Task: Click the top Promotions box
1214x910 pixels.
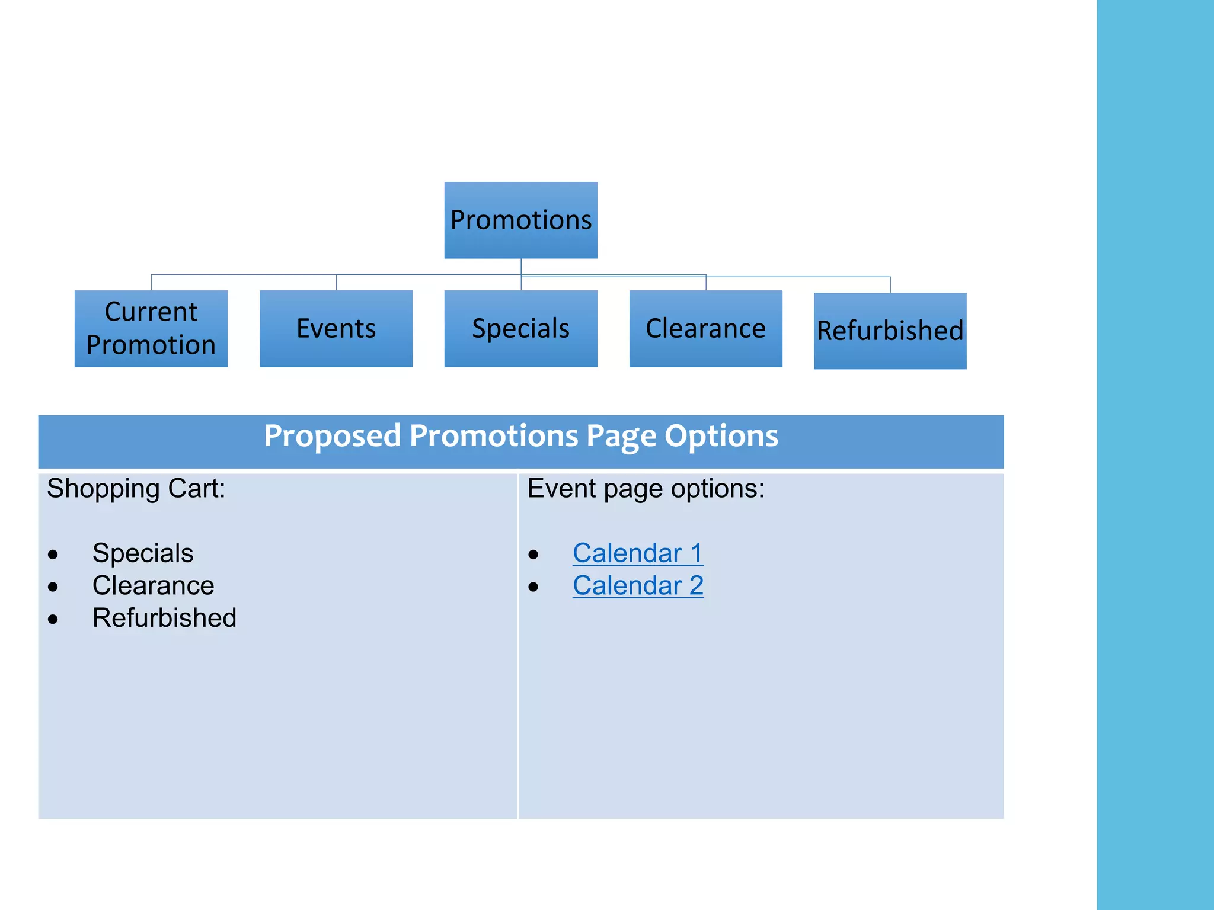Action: (x=520, y=220)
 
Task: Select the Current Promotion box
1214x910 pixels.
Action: (x=151, y=328)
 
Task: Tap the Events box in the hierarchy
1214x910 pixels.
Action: (x=336, y=328)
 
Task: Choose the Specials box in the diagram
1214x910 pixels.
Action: (x=520, y=328)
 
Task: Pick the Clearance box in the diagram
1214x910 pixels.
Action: (x=705, y=328)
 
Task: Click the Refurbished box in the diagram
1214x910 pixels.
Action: (x=890, y=331)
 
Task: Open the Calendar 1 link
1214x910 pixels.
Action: (x=638, y=553)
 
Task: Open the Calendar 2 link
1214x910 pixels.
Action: (x=638, y=586)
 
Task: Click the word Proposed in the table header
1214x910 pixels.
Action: (x=332, y=436)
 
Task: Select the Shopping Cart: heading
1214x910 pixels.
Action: (x=136, y=489)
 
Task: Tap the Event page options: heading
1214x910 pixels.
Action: (x=646, y=489)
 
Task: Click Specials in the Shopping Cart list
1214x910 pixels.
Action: (x=143, y=553)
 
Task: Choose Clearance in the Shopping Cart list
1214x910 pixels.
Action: (x=153, y=586)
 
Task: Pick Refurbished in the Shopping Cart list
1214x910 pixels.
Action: (x=164, y=618)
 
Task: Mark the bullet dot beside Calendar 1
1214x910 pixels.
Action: (x=533, y=555)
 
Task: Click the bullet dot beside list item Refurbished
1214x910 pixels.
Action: (x=53, y=620)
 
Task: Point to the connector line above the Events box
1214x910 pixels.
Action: (x=336, y=282)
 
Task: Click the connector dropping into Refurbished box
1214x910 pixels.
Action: (x=890, y=284)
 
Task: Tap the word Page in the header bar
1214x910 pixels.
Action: (x=621, y=436)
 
